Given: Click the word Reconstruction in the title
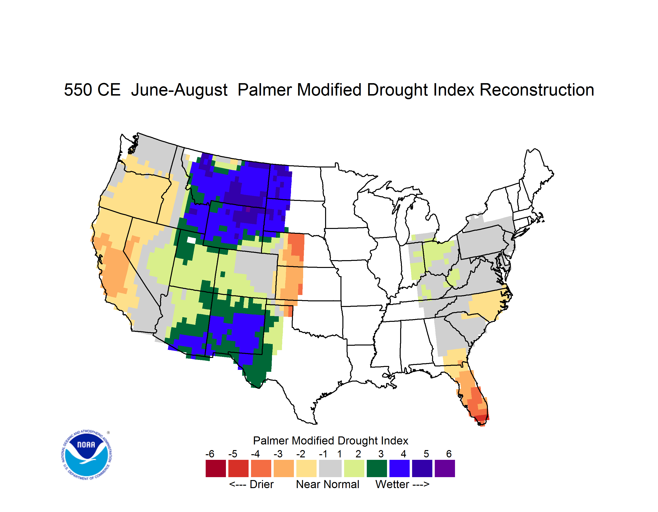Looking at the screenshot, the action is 536,90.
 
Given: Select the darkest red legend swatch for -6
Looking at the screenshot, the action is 216,468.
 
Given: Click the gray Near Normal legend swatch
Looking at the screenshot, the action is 330,468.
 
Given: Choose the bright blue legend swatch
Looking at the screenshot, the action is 399,468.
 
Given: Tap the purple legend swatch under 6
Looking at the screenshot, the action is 445,468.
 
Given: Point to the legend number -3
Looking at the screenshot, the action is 278,454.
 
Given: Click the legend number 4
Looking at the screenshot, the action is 403,454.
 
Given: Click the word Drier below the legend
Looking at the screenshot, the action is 261,484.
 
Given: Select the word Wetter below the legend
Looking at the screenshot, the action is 392,484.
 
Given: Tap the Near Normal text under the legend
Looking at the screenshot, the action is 328,484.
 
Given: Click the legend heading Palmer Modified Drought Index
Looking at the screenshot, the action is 330,441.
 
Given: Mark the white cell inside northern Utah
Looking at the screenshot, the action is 191,240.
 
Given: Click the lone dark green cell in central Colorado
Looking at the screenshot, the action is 223,274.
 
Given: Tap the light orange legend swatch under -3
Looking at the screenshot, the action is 283,468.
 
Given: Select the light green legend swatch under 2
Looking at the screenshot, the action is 354,468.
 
